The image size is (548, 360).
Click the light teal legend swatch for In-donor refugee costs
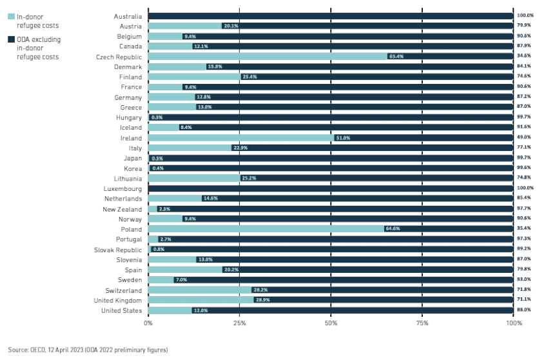pyautogui.click(x=11, y=16)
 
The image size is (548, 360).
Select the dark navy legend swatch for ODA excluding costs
pyautogui.click(x=11, y=40)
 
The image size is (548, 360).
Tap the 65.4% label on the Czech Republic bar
pyautogui.click(x=395, y=57)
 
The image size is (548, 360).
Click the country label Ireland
pyautogui.click(x=132, y=137)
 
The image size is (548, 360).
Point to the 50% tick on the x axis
pyautogui.click(x=331, y=322)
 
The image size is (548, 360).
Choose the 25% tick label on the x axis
pyautogui.click(x=239, y=322)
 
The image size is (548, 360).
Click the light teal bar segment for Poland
pyautogui.click(x=258, y=230)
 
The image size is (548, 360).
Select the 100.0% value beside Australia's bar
pyautogui.click(x=525, y=15)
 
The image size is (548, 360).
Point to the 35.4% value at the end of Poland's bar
pyautogui.click(x=524, y=230)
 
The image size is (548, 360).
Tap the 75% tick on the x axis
pyautogui.click(x=422, y=322)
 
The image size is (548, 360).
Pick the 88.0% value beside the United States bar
pyautogui.click(x=524, y=310)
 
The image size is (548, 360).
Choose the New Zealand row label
pyautogui.click(x=122, y=209)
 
